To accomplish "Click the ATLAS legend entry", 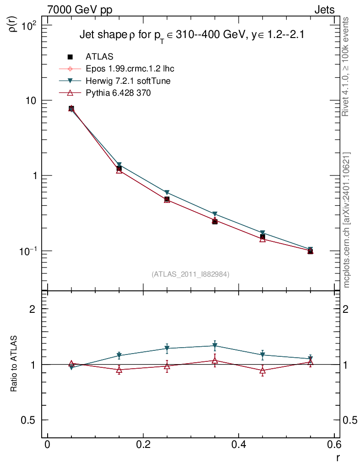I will pyautogui.click(x=99, y=57).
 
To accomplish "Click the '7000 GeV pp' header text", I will pyautogui.click(x=80, y=10).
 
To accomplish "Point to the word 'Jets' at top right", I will pyautogui.click(x=324, y=10).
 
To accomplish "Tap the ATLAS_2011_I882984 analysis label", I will pyautogui.click(x=191, y=274).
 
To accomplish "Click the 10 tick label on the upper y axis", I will pyautogui.click(x=33, y=101).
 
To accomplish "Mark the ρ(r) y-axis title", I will pyautogui.click(x=14, y=23).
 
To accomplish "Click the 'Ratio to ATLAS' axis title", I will pyautogui.click(x=14, y=364).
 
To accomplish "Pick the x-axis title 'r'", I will pyautogui.click(x=338, y=458).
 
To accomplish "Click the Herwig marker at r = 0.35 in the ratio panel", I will pyautogui.click(x=215, y=346).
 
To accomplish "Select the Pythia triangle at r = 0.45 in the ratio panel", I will pyautogui.click(x=262, y=371).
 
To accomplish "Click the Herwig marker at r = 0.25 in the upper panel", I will pyautogui.click(x=167, y=193).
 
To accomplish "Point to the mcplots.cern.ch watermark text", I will pyautogui.click(x=347, y=220).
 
